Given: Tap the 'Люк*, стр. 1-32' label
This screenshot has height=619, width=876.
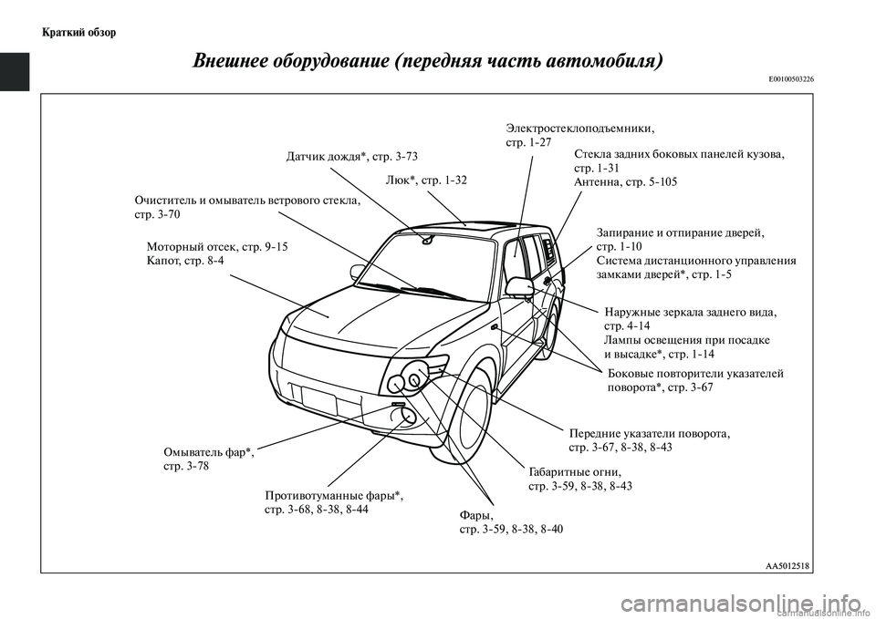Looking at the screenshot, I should click(x=426, y=180).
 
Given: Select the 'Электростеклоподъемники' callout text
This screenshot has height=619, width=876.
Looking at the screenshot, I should click(x=579, y=129).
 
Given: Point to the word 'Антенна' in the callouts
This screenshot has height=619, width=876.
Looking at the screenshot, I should click(x=597, y=182).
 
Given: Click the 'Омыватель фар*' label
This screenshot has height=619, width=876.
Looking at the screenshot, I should click(x=208, y=451).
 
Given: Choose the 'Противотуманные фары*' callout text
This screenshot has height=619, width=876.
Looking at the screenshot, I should click(x=333, y=495).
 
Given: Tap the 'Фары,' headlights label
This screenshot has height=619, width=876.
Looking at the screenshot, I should click(x=476, y=516).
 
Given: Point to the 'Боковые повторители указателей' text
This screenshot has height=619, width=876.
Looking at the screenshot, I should click(x=694, y=373).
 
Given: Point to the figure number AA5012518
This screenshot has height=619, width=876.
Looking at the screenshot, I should click(x=787, y=565).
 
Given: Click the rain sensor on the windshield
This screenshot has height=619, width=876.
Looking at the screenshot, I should click(x=427, y=241).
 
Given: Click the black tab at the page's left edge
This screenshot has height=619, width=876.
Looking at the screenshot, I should click(x=16, y=72).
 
